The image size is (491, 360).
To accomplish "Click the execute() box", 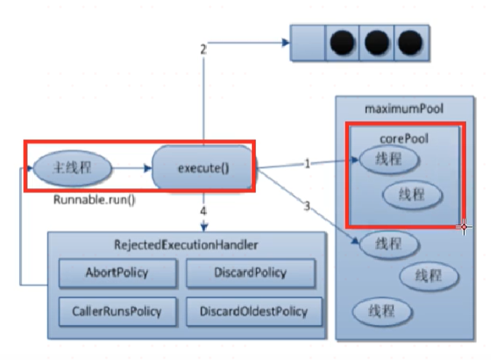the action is pyautogui.click(x=203, y=168).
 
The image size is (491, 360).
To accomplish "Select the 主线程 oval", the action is pyautogui.click(x=72, y=168).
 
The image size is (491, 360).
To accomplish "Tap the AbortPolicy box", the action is pyautogui.click(x=117, y=273).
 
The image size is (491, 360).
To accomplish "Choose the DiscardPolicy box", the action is pyautogui.click(x=251, y=273).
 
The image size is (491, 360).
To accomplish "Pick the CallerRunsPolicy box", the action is pyautogui.click(x=117, y=311).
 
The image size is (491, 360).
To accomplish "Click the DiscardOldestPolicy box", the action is pyautogui.click(x=254, y=311).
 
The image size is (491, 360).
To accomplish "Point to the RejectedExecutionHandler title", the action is pyautogui.click(x=186, y=245).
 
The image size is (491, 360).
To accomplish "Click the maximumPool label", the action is pyautogui.click(x=404, y=109).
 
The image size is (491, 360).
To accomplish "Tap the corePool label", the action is pyautogui.click(x=404, y=138).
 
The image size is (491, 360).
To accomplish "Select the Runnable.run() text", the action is pyautogui.click(x=94, y=200).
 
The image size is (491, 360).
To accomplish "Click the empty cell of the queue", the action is pyautogui.click(x=308, y=42).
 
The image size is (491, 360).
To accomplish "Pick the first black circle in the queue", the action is pyautogui.click(x=342, y=42).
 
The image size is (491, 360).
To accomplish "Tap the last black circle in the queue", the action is pyautogui.click(x=410, y=42).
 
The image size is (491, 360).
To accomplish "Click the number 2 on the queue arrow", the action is pyautogui.click(x=203, y=50).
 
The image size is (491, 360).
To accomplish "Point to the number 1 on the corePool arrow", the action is pyautogui.click(x=307, y=163).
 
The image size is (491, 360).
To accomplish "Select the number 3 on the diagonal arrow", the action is pyautogui.click(x=307, y=206).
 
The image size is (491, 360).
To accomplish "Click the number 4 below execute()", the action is pyautogui.click(x=203, y=211).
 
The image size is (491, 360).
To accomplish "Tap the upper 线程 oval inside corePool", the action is pyautogui.click(x=388, y=159).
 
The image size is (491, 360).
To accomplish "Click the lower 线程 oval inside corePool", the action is pyautogui.click(x=412, y=195).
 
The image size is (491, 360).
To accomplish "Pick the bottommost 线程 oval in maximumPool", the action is pyautogui.click(x=382, y=311).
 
